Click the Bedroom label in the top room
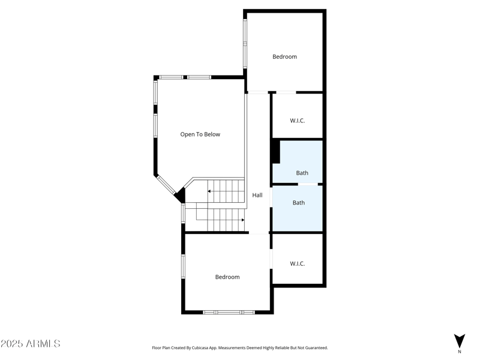pos(284,57)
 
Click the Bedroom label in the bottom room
pos(227,277)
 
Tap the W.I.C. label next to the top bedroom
pos(298,121)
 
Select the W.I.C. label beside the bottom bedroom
pos(298,263)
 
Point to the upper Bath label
pos(302,173)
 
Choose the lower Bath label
pos(299,203)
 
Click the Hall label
pos(257,195)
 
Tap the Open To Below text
pos(200,134)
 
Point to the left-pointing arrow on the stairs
pos(209,191)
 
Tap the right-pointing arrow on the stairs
pos(242,220)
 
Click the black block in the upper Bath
pos(275,151)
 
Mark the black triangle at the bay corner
pos(180,195)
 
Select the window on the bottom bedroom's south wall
pos(229,312)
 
